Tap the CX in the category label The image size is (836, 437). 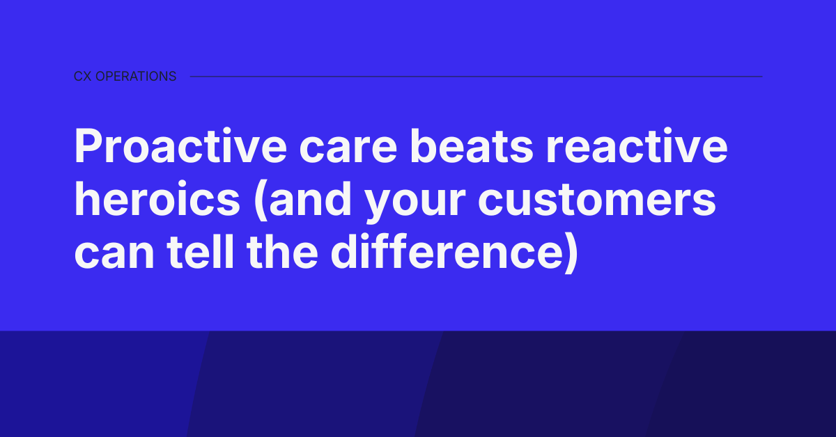pyautogui.click(x=82, y=77)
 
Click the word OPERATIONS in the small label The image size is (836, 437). pyautogui.click(x=135, y=77)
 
